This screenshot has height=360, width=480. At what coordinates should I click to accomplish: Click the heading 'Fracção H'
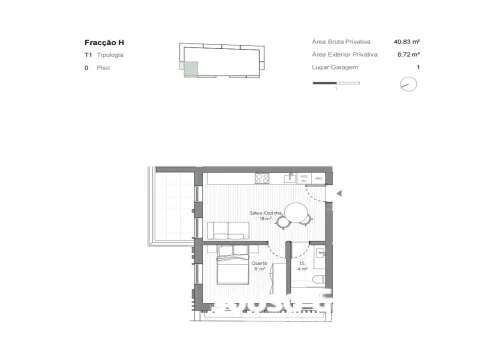click(106, 42)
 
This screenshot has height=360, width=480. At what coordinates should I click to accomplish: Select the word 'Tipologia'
click(111, 56)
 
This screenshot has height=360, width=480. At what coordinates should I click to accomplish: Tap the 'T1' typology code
click(88, 56)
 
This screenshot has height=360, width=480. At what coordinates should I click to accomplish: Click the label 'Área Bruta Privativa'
click(341, 42)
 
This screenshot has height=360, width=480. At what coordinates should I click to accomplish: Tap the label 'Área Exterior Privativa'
click(344, 55)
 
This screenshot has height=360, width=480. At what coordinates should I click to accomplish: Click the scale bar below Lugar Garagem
click(334, 83)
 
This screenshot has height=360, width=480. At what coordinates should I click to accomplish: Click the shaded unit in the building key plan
click(189, 67)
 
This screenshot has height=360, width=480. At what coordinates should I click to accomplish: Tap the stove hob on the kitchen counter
click(263, 178)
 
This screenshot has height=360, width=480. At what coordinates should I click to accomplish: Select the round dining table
click(297, 213)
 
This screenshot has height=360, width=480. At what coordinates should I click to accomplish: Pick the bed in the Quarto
click(233, 269)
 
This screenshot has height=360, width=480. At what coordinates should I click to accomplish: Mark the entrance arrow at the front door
click(340, 193)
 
